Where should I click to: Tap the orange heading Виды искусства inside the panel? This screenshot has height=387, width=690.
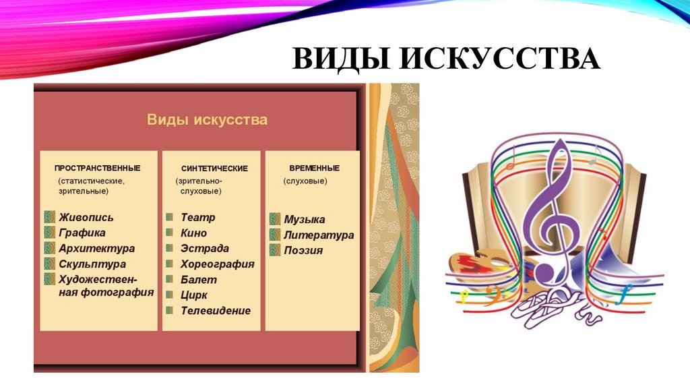tap(207, 120)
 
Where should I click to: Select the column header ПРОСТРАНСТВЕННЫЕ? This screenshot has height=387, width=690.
tap(98, 168)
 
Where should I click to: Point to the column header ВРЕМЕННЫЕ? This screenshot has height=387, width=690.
tap(314, 168)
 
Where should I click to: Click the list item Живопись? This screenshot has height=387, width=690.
tap(86, 217)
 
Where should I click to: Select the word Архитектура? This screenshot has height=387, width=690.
tap(97, 249)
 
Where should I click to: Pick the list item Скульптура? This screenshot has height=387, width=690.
tap(92, 264)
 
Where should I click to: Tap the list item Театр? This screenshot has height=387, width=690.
tap(198, 217)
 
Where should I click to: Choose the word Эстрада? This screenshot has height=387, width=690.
tap(205, 248)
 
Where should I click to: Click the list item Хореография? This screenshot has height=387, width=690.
tap(218, 264)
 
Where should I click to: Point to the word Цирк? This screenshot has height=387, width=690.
tap(194, 295)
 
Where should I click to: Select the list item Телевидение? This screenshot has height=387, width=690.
tap(216, 311)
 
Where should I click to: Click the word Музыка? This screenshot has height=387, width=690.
tap(305, 219)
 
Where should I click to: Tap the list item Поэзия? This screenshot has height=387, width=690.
tap(303, 250)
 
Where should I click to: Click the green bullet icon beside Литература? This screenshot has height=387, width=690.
tap(275, 235)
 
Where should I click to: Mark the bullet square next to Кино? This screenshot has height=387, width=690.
tap(170, 233)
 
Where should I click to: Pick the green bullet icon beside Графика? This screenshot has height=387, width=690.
tap(49, 233)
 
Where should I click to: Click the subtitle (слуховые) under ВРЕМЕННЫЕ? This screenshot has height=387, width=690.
tap(305, 181)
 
